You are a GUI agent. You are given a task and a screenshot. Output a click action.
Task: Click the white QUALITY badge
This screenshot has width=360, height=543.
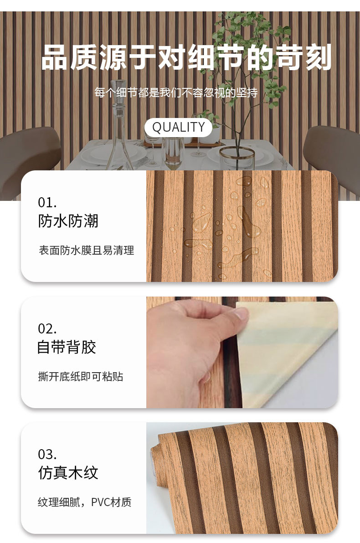pos(178,128)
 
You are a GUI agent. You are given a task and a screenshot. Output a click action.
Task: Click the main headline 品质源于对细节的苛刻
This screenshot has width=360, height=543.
pos(186,57)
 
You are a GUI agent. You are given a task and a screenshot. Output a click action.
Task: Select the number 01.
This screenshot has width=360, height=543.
pos(47,202)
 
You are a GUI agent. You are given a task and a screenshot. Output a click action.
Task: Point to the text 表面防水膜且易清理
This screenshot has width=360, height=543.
pos(86,251)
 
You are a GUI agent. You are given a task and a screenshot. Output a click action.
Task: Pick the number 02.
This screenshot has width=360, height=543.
pos(47,328)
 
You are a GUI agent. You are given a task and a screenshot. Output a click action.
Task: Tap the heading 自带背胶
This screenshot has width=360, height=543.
pos(67,348)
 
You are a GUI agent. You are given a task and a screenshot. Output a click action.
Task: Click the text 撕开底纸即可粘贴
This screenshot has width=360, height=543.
pos(80,377)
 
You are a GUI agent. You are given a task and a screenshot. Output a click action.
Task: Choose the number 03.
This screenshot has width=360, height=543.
pos(47,454)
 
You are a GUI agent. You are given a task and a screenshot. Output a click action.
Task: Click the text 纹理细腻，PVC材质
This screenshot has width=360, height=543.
pos(84,502)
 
